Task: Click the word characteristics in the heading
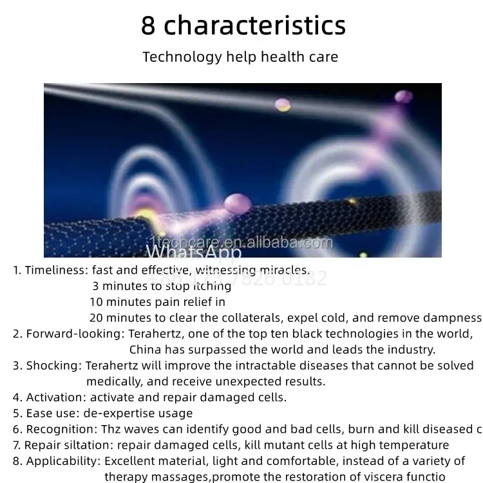pyautogui.click(x=256, y=26)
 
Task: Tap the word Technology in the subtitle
pyautogui.click(x=182, y=57)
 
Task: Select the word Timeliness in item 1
pyautogui.click(x=56, y=270)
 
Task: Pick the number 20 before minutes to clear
pyautogui.click(x=96, y=317)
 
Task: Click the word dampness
pyautogui.click(x=453, y=317)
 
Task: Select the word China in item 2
pyautogui.click(x=146, y=350)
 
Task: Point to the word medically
pyautogui.click(x=111, y=381)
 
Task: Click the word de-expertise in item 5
pyautogui.click(x=118, y=413)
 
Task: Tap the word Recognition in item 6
pyautogui.click(x=61, y=429)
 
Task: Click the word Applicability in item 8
pyautogui.click(x=63, y=461)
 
